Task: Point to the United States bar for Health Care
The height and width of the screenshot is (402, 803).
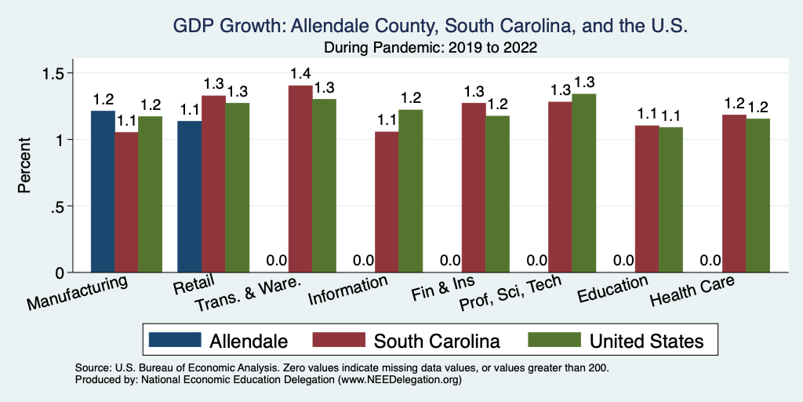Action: click(x=758, y=196)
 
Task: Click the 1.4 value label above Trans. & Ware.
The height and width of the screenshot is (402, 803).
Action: click(x=300, y=74)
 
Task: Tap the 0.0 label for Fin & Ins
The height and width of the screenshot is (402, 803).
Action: click(x=449, y=261)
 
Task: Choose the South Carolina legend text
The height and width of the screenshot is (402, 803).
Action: click(x=437, y=341)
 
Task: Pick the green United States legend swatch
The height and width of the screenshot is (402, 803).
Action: click(x=553, y=341)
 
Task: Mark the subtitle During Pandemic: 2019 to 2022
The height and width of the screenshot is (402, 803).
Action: click(x=430, y=48)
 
